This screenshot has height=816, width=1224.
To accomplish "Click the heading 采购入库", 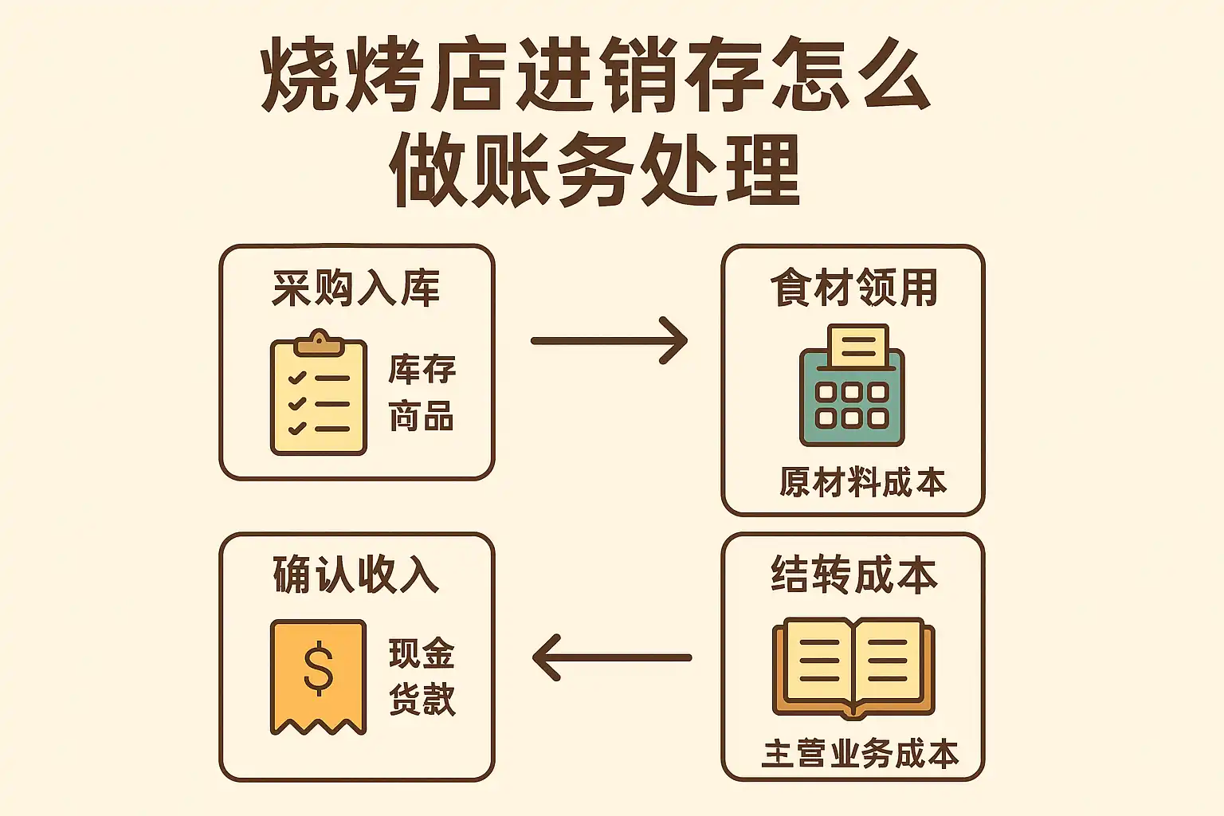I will tap(355, 288).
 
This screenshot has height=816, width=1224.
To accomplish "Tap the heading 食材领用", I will tap(853, 288).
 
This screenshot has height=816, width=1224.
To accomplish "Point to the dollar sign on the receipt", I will tap(318, 668).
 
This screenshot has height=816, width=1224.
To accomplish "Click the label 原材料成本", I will tap(863, 483).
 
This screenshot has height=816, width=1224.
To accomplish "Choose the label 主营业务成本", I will tap(860, 754).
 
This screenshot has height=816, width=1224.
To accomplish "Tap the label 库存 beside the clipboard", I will tap(422, 369).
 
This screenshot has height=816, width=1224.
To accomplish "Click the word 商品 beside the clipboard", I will tap(422, 416).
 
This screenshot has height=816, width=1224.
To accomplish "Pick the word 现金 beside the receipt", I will tap(422, 653).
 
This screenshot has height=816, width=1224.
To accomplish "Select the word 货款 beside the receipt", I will tap(422, 699).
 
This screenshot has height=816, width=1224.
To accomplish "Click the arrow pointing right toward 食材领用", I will tap(609, 340).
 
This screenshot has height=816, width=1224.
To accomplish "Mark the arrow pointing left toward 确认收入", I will tap(611, 657).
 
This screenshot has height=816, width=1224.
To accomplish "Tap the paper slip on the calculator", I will tap(858, 345).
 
